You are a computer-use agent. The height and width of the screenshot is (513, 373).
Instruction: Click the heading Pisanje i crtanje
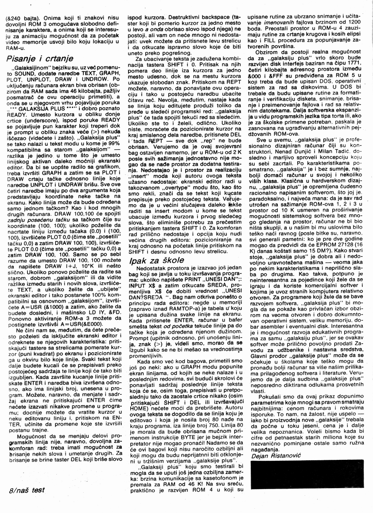[x=40, y=59]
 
